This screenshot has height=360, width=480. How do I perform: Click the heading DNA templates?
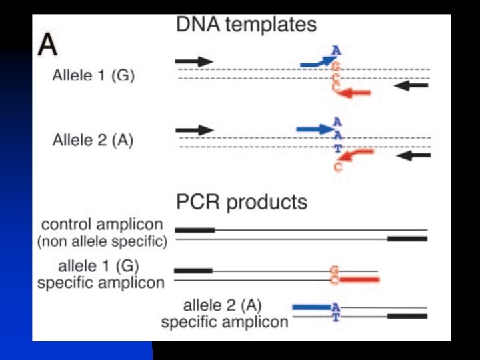(246, 25)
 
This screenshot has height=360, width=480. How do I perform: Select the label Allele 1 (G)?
(93, 75)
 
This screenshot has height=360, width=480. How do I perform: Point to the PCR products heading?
(241, 201)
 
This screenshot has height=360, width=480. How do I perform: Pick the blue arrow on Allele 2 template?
(314, 127)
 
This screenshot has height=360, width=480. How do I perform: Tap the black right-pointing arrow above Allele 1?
(194, 61)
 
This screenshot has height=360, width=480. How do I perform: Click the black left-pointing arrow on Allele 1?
(411, 85)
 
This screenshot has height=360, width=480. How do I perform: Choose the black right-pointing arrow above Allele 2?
(194, 129)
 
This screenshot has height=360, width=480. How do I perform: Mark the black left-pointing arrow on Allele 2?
(413, 155)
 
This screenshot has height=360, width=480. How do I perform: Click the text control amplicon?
(102, 224)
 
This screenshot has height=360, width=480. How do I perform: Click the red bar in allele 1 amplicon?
(360, 280)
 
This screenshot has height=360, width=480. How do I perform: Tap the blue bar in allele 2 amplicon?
(311, 307)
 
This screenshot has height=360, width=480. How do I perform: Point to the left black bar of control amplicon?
(195, 230)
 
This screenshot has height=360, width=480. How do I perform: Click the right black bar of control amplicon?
(407, 238)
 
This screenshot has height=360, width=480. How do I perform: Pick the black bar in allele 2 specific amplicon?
(407, 316)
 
